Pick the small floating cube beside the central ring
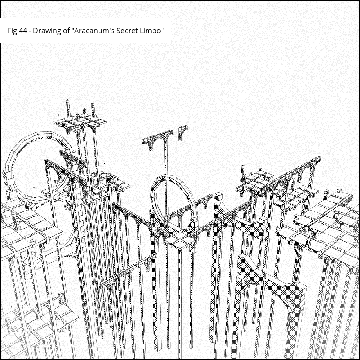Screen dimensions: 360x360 coord(218,197)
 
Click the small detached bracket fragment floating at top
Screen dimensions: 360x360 coord(183,132)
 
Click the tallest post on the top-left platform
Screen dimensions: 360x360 coord(68,108)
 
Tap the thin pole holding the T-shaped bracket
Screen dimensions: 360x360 coord(166,158)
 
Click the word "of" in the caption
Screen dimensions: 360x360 coord(67,31)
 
